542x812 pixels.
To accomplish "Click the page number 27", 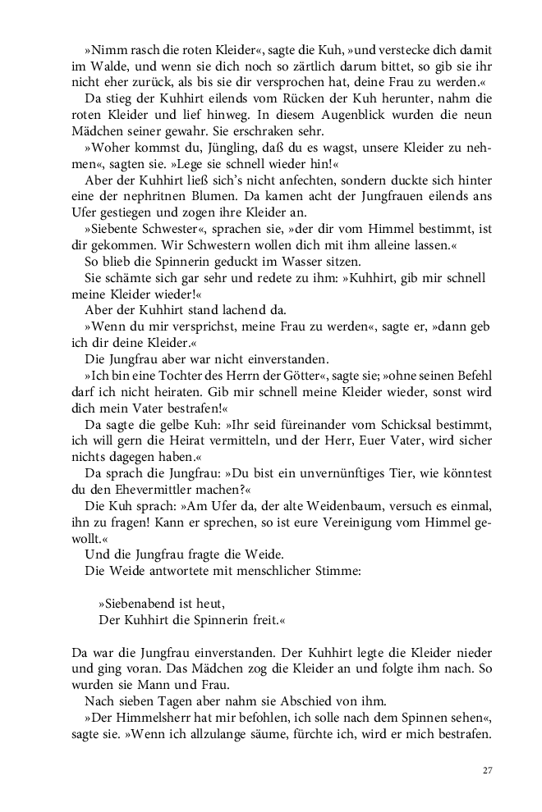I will pos(487,770).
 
